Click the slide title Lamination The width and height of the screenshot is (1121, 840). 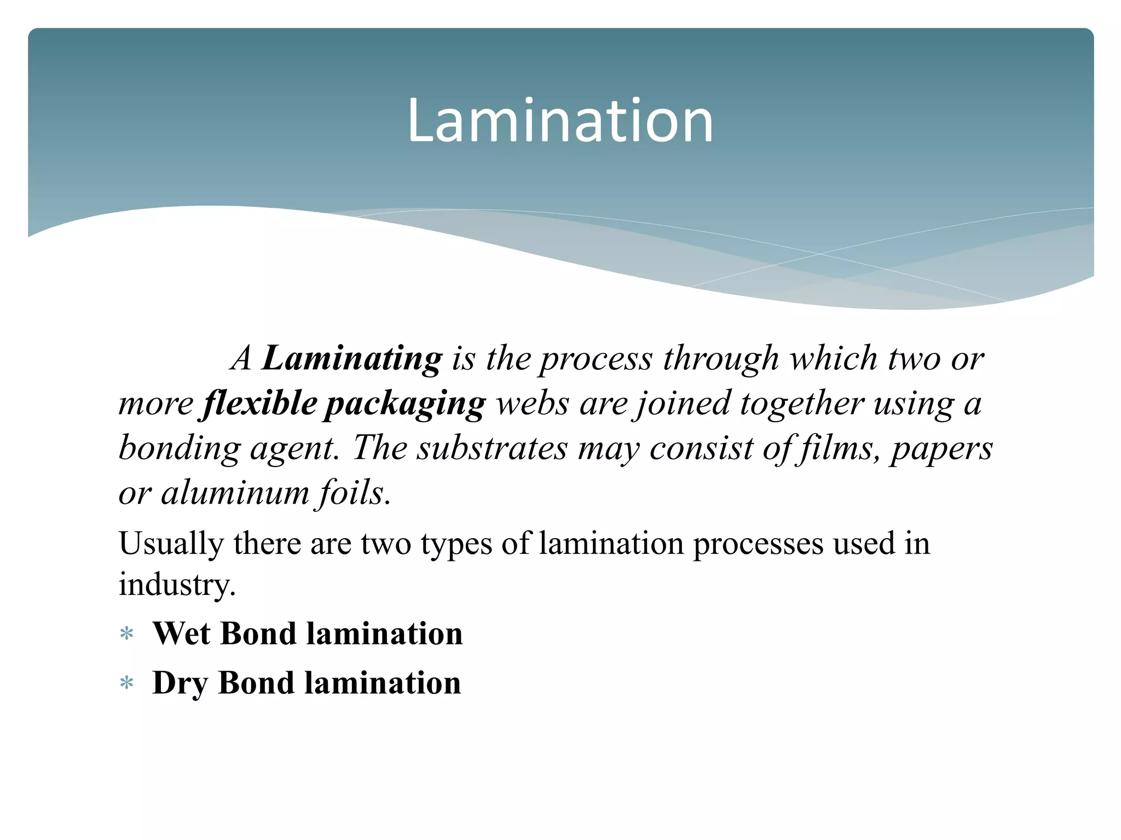coord(560,121)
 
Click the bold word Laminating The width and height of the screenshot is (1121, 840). coord(351,359)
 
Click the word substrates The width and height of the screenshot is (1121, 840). coord(492,448)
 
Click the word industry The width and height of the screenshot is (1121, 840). coord(176,584)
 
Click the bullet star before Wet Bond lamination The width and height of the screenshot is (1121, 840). coord(127,634)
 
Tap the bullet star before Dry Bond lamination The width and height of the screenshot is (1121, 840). coord(127,684)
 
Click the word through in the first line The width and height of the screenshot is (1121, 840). coord(721,359)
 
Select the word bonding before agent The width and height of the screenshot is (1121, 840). coord(179,448)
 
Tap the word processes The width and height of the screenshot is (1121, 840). coord(758,545)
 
